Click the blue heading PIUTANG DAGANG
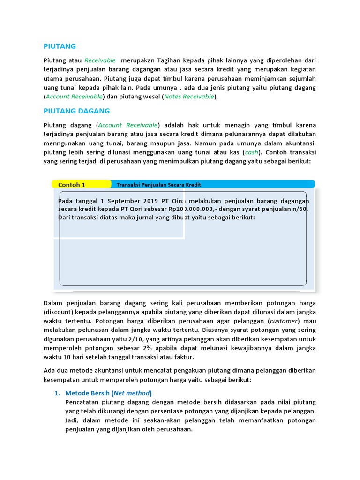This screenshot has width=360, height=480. [76, 111]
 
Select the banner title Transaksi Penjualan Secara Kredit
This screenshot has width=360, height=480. [158, 185]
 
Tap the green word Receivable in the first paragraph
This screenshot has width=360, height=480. [99, 60]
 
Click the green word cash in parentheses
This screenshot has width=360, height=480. [251, 152]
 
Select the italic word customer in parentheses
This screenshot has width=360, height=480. [284, 321]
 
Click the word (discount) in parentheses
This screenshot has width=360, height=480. [59, 312]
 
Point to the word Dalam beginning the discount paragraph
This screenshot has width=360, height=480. [52, 303]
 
